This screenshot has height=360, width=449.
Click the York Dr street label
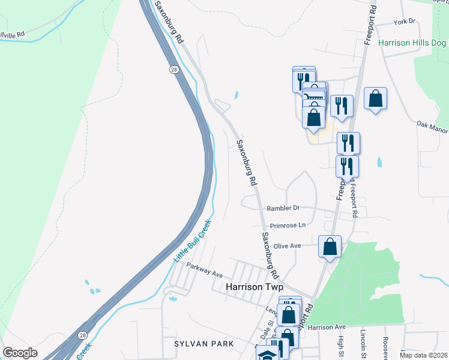[x=405, y=22]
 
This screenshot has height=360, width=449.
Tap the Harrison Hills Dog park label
[x=413, y=43]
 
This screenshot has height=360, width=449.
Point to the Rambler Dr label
[x=283, y=208]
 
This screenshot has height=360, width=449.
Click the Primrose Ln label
[x=288, y=226]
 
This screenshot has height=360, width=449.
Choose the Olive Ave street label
[x=287, y=246]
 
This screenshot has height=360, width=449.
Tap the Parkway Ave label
[x=204, y=269]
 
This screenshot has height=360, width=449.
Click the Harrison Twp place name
[x=253, y=287]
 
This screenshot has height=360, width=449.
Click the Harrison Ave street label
[x=327, y=328]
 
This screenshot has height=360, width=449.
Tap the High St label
[x=340, y=344]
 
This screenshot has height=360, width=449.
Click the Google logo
[x=20, y=353]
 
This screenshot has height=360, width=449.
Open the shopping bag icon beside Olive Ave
[x=330, y=246]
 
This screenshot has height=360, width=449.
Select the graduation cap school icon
[x=264, y=354]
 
